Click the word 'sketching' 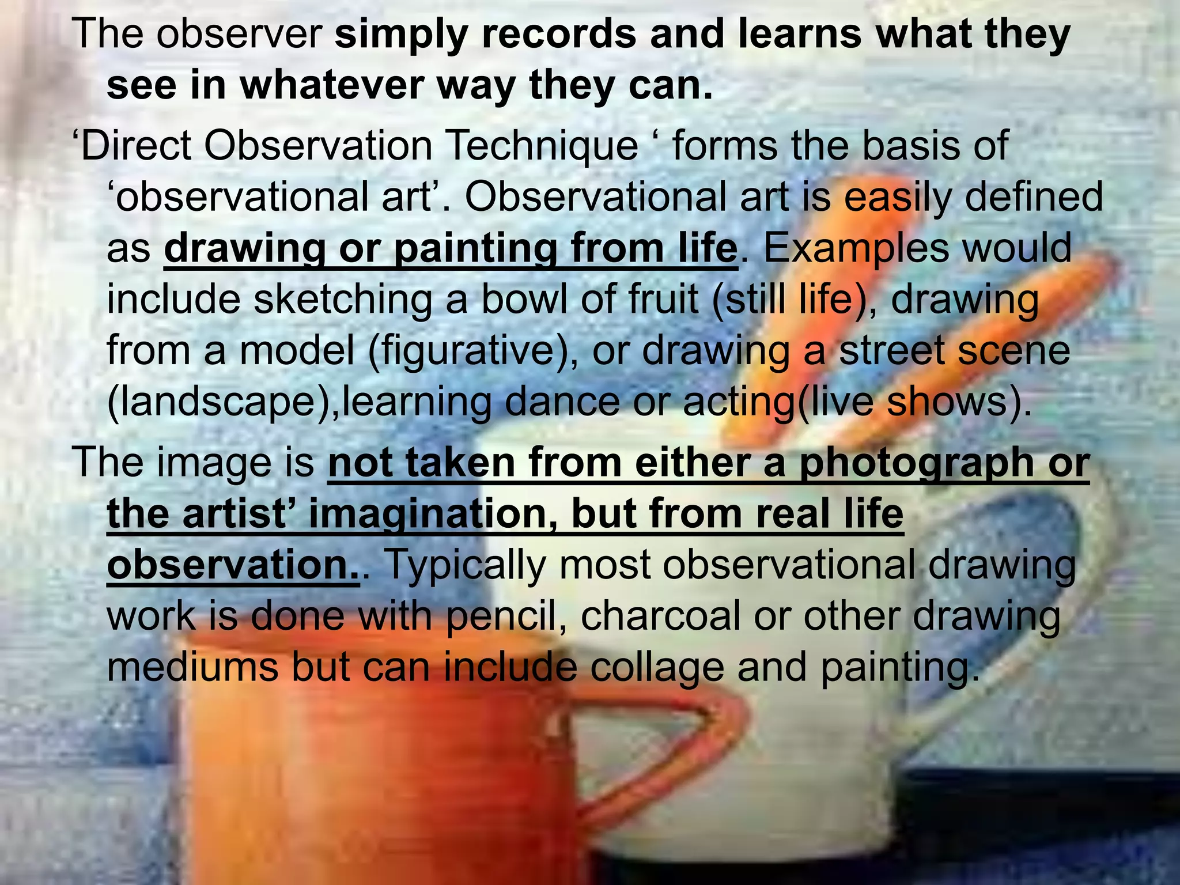click(343, 300)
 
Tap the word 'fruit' click(664, 300)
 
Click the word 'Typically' click(464, 565)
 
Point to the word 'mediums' click(193, 667)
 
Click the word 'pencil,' click(506, 616)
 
